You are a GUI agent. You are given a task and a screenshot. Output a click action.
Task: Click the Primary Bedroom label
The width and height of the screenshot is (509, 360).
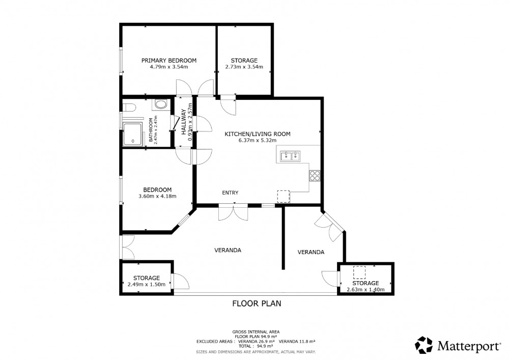pos(169,61)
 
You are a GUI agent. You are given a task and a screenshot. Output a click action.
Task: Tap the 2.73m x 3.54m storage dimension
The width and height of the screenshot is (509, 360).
pos(244,67)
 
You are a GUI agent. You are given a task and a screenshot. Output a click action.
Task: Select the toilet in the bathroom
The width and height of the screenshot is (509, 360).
pos(128,107)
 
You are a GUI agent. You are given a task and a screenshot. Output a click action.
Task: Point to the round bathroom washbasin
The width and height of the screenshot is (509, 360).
pos(160,104)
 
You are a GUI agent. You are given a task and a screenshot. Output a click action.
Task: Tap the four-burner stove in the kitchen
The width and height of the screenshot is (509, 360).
pos(315,176)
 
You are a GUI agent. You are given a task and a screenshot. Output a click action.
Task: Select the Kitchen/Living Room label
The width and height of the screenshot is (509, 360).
pos(258,134)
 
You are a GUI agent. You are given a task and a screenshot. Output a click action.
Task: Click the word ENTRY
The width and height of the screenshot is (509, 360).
pos(230,192)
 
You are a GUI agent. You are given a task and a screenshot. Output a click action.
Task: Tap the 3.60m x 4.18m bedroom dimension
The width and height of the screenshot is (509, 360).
pos(157,196)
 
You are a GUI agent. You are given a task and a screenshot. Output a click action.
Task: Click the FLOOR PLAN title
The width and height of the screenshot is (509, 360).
pos(257,303)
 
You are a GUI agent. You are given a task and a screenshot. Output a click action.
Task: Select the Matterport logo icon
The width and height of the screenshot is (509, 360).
pos(424,345)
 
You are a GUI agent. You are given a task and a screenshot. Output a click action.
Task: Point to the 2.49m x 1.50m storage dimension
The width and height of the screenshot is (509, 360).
pos(147,284)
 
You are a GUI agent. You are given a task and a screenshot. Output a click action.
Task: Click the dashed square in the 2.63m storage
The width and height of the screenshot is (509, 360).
pos(359,272)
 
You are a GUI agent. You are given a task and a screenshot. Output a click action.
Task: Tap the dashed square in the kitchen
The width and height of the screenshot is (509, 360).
pos(284,197)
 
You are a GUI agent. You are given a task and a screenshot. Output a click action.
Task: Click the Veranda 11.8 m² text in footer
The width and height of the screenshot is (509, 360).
pos(297,341)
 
